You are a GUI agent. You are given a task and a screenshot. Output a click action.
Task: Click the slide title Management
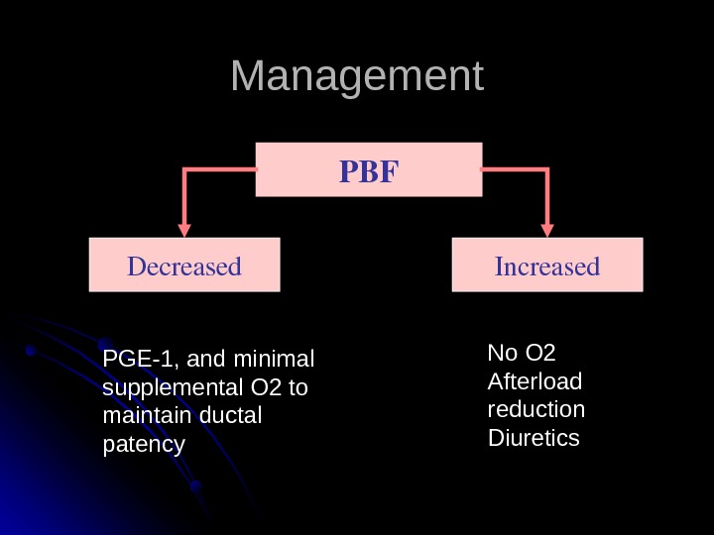(x=357, y=77)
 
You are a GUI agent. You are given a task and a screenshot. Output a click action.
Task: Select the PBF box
(x=369, y=168)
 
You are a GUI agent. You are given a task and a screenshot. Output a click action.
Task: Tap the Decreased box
(x=184, y=265)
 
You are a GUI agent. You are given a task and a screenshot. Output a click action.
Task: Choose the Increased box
(x=547, y=265)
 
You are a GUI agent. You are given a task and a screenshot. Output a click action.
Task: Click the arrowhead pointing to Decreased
(x=184, y=227)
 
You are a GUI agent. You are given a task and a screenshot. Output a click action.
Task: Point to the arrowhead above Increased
(x=547, y=227)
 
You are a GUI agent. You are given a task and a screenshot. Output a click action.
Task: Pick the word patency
(x=144, y=444)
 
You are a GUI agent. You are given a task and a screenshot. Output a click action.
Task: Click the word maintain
(x=141, y=415)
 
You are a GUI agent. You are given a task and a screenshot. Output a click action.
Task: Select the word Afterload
(x=535, y=381)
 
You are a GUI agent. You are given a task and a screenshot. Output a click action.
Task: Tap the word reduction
(x=536, y=409)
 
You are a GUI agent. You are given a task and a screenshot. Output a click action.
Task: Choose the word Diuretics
(x=534, y=437)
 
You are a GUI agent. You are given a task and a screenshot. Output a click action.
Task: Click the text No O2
(x=522, y=354)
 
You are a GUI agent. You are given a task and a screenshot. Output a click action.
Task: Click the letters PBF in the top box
(x=368, y=173)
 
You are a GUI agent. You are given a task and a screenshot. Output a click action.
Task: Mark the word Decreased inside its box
(x=184, y=267)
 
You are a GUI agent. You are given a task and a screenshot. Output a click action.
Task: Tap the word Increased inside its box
(x=547, y=267)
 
